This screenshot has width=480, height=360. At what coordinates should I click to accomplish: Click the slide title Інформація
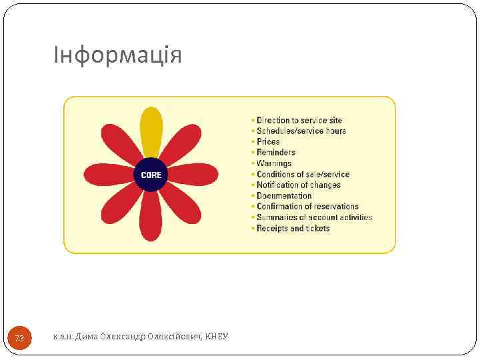click(118, 55)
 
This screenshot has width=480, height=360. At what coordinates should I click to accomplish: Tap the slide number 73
click(19, 339)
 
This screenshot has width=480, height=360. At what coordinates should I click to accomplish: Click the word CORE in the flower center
click(151, 175)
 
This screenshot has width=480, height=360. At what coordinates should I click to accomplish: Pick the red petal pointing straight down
click(151, 217)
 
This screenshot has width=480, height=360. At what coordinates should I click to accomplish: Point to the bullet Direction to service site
click(299, 121)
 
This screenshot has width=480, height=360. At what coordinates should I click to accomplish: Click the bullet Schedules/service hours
click(301, 131)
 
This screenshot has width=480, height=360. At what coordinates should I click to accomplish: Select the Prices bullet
click(268, 142)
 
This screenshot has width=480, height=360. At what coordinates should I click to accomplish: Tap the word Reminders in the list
click(276, 153)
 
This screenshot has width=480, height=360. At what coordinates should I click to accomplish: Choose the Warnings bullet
click(274, 163)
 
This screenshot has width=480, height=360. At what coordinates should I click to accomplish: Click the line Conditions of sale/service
click(303, 174)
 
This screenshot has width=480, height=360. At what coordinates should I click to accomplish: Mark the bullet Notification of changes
click(299, 185)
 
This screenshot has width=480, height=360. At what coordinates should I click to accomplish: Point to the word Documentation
click(284, 196)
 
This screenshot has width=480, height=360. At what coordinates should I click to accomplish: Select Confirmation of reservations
click(307, 207)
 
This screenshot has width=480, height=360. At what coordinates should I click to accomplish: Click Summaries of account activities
click(314, 217)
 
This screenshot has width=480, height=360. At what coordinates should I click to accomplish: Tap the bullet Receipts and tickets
click(293, 228)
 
